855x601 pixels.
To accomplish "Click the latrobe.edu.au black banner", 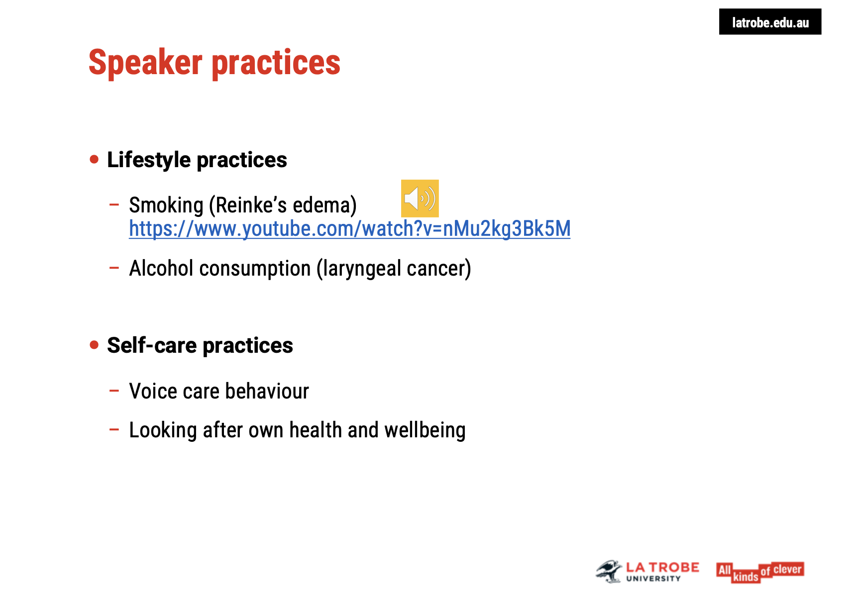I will pyautogui.click(x=769, y=22).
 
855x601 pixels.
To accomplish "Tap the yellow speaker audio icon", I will pyautogui.click(x=420, y=199).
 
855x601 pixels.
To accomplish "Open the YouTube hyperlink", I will pyautogui.click(x=349, y=229).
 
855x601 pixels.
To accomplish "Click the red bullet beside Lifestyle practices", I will pyautogui.click(x=95, y=160).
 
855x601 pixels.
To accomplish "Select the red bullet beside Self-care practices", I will pyautogui.click(x=95, y=345).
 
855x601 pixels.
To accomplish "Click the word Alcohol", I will pyautogui.click(x=161, y=269).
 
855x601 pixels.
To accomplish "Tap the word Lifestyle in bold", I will pyautogui.click(x=149, y=160).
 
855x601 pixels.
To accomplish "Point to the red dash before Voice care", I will pyautogui.click(x=114, y=391).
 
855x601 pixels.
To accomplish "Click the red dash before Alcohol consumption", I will pyautogui.click(x=114, y=268).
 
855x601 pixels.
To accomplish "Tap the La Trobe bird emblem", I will pyautogui.click(x=609, y=571).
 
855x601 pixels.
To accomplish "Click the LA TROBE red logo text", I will pyautogui.click(x=662, y=568).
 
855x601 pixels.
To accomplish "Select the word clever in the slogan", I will pyautogui.click(x=787, y=569).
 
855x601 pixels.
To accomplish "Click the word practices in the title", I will pyautogui.click(x=276, y=63).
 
